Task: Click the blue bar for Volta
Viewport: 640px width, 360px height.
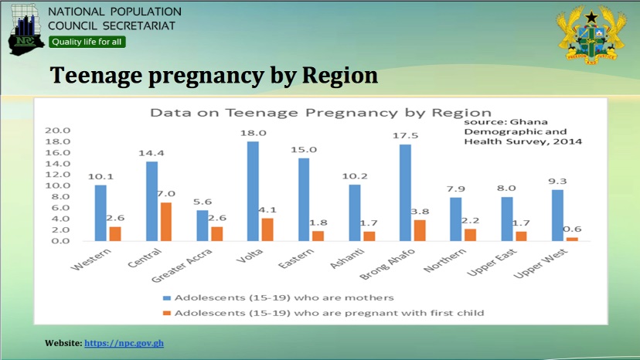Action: [x=253, y=191]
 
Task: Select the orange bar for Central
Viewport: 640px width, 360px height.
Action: [x=166, y=222]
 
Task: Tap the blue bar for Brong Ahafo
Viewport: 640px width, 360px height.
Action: [x=405, y=192]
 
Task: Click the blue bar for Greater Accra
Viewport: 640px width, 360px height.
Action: [x=203, y=226]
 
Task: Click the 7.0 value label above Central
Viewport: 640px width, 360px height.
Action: [x=166, y=194]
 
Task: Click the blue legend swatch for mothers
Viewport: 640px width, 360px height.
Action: [x=166, y=297]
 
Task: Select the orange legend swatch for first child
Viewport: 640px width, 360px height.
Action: [x=166, y=313]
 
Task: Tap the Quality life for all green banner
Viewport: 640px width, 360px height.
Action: [x=87, y=42]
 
